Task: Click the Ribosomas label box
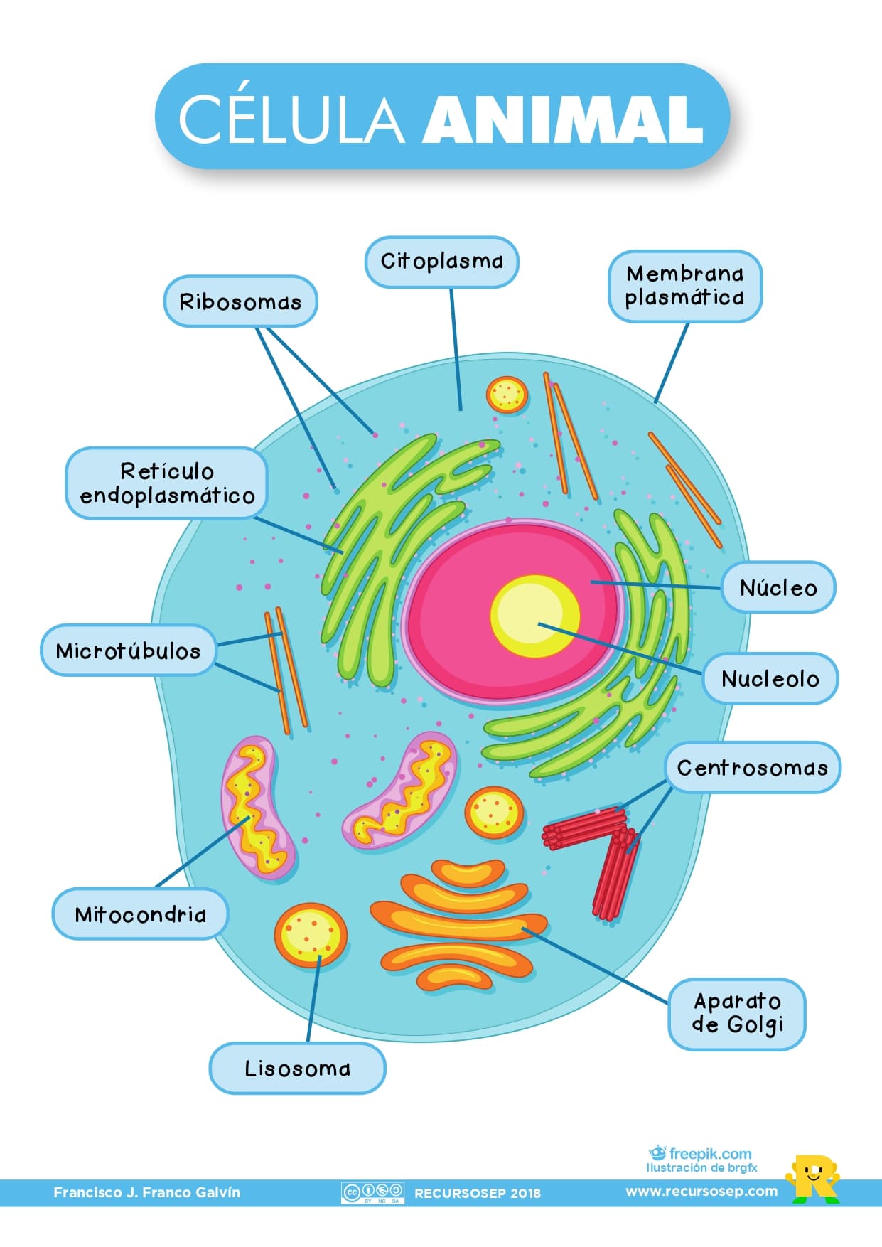[x=240, y=301]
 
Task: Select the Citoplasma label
[x=441, y=262]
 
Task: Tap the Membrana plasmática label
[x=685, y=286]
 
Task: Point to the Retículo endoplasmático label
[x=167, y=483]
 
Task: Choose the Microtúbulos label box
[x=128, y=651]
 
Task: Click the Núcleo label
[x=778, y=588]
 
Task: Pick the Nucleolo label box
[x=770, y=679]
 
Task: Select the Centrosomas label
[x=753, y=768]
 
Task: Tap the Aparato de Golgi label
[x=737, y=1014]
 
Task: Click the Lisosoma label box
[x=297, y=1069]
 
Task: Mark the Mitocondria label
[x=140, y=914]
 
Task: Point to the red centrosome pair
[x=597, y=850]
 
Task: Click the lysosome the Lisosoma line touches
[x=311, y=935]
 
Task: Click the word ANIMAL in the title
[x=563, y=119]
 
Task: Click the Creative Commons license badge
[x=372, y=1192]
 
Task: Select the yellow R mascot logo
[x=812, y=1178]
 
